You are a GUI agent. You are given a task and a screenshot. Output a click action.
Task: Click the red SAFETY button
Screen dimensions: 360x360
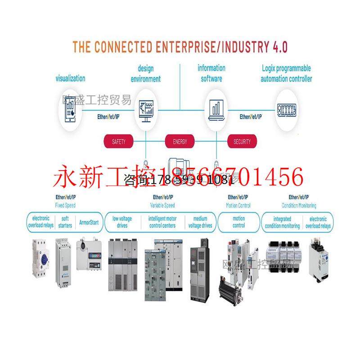click(119, 142)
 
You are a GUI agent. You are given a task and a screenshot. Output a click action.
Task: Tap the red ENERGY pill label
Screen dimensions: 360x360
click(180, 142)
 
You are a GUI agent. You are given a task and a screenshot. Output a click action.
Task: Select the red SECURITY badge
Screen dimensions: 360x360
click(242, 142)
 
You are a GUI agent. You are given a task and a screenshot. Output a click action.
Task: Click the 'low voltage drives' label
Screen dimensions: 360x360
click(122, 222)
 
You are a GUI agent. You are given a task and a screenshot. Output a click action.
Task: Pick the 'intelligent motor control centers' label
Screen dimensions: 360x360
click(162, 222)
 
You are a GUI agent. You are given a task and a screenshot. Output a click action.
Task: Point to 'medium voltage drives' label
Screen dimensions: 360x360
click(201, 222)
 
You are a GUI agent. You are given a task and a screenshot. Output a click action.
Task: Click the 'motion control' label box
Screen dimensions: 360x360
click(238, 222)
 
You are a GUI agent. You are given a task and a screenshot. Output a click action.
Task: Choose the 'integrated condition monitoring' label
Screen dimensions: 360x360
click(282, 222)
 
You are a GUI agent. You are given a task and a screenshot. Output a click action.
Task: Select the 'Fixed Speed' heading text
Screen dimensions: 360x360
click(66, 205)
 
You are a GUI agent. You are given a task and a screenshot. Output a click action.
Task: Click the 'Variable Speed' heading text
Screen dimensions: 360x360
click(162, 205)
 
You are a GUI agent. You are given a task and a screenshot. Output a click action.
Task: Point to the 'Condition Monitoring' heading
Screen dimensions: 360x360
click(299, 205)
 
